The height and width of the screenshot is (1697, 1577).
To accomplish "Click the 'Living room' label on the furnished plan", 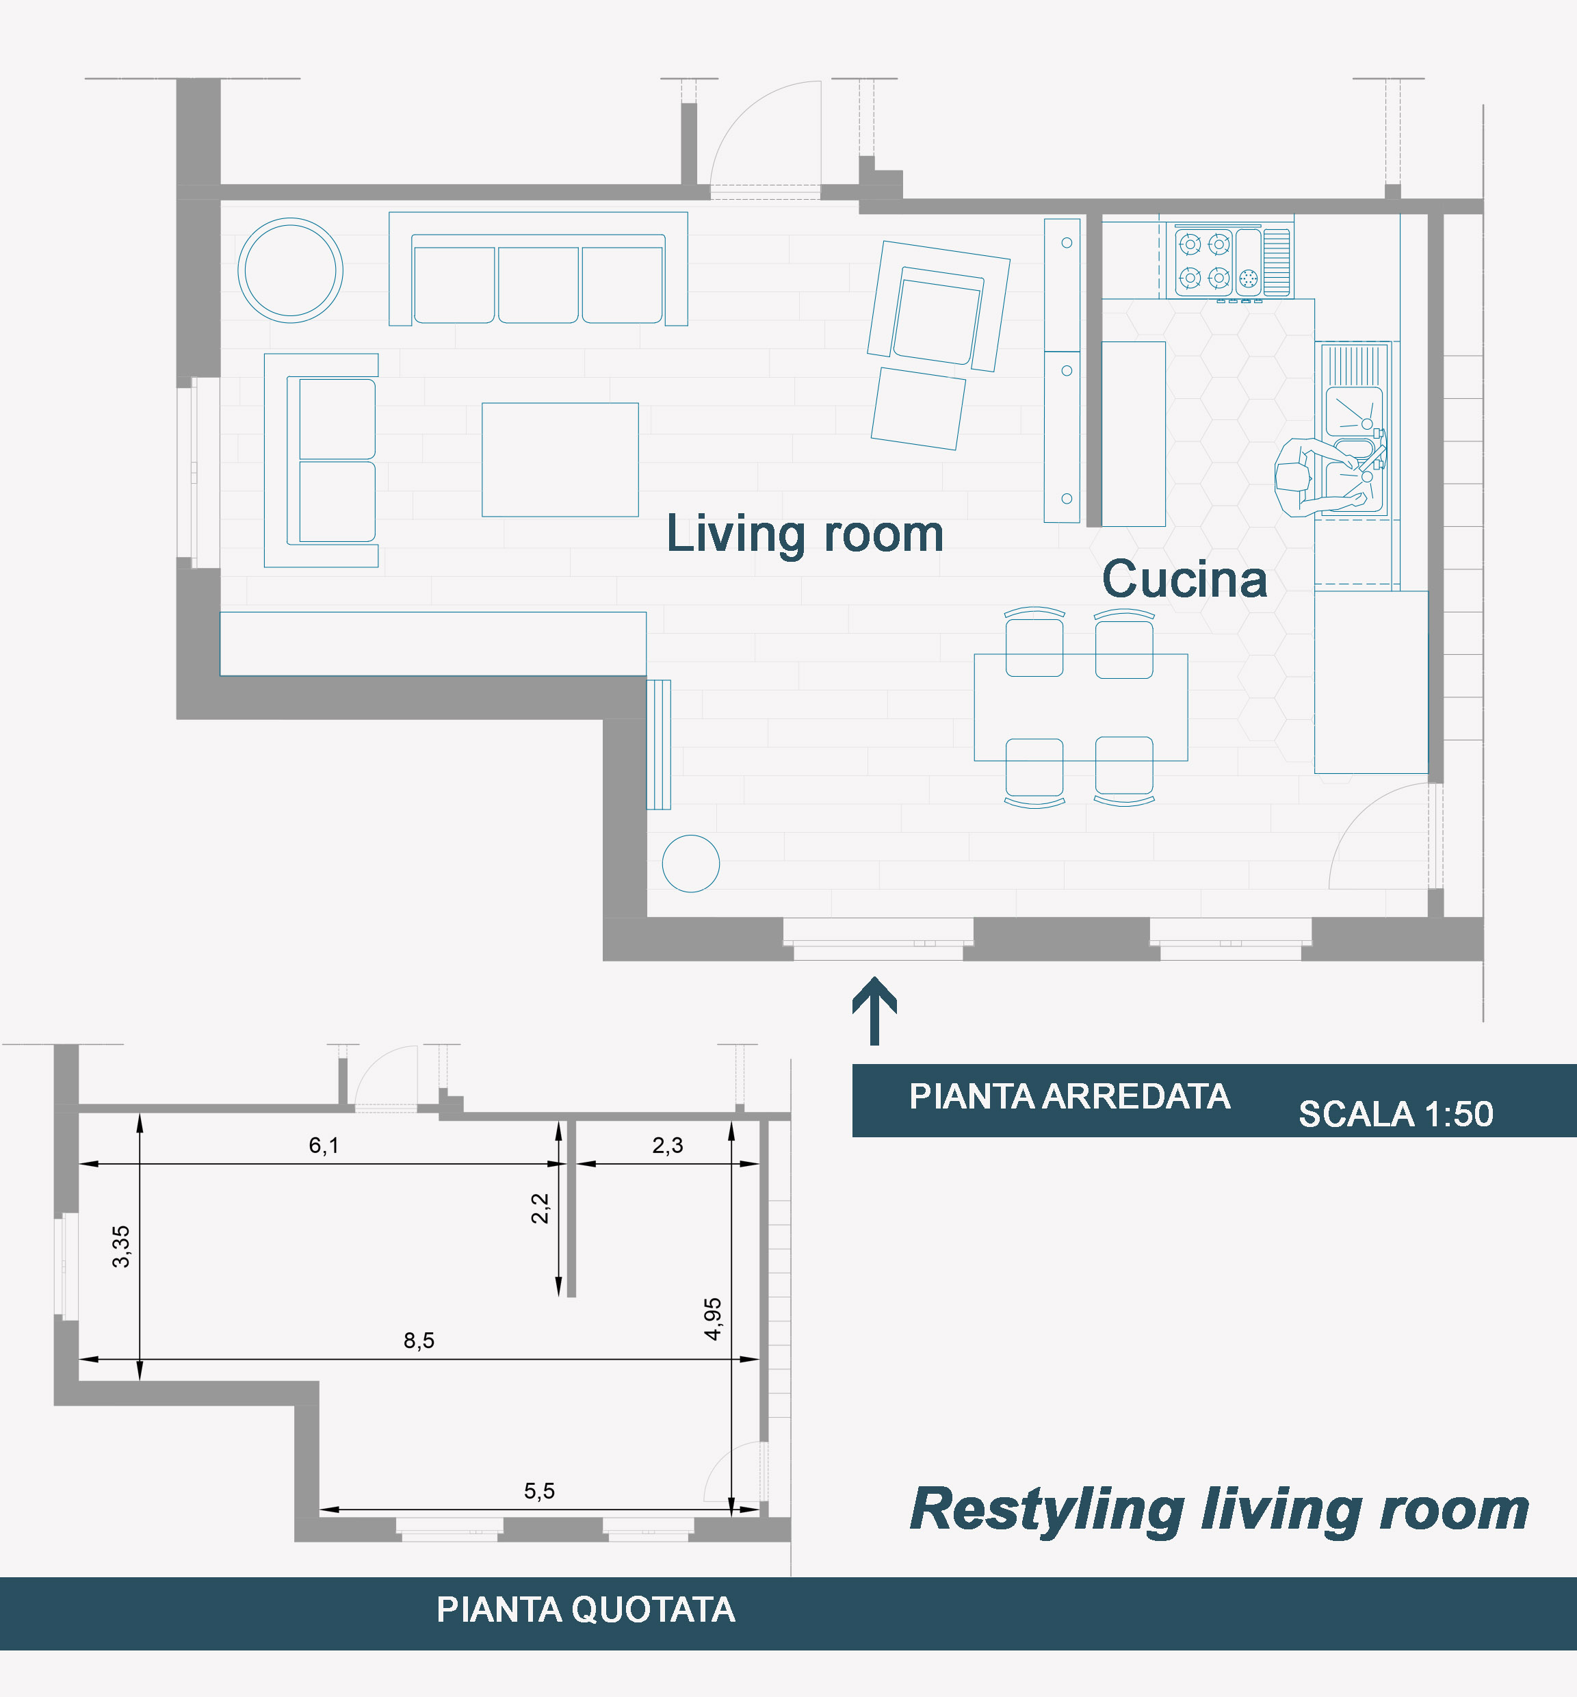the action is (x=805, y=535).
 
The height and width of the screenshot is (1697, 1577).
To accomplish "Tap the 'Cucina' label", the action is (x=1184, y=579).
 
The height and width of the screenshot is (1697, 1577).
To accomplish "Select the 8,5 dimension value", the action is (x=419, y=1340).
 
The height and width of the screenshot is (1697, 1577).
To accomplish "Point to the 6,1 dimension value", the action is (x=324, y=1145).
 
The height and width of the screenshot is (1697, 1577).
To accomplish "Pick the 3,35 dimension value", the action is (x=121, y=1246).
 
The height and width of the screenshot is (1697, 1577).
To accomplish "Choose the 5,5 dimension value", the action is (x=539, y=1490).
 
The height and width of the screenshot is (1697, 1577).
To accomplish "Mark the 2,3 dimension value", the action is (x=667, y=1145).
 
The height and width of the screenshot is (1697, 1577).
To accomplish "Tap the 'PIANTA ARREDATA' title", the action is (x=1069, y=1096).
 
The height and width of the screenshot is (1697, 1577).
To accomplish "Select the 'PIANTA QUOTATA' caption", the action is (x=586, y=1609).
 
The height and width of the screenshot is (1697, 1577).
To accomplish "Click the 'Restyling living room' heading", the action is (x=1219, y=1510).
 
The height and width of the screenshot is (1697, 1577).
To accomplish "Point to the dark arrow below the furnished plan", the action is (x=874, y=1011).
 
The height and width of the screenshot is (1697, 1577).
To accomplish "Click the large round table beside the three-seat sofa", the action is (x=290, y=270).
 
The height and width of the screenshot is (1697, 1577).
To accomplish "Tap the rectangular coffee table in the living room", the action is (x=560, y=459).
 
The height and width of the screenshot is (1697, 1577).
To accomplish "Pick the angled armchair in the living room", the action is (x=939, y=307).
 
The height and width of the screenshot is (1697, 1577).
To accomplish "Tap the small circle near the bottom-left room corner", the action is (x=690, y=863).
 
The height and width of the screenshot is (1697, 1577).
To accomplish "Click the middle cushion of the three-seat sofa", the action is (x=538, y=284).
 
